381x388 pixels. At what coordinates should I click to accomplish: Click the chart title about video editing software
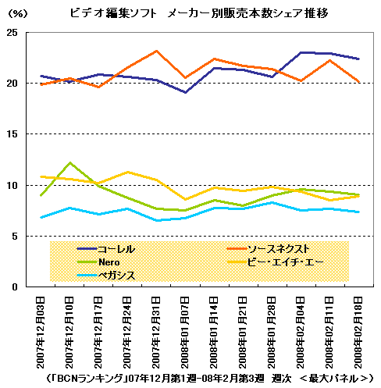click(x=199, y=13)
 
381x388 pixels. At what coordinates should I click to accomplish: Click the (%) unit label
click(x=17, y=13)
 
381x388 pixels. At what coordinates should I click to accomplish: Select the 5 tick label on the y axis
click(x=15, y=237)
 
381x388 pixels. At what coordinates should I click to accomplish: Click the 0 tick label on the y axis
click(x=15, y=287)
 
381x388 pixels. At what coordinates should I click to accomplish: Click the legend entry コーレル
click(x=106, y=249)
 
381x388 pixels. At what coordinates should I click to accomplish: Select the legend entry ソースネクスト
click(x=269, y=249)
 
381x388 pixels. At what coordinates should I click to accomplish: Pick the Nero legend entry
click(x=98, y=262)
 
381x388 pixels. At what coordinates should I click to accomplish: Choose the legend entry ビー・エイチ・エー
click(x=276, y=262)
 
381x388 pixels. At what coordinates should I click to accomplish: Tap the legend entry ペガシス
click(x=106, y=276)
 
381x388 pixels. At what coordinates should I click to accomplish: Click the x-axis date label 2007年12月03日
click(x=41, y=333)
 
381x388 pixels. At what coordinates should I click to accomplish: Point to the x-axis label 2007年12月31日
click(x=156, y=333)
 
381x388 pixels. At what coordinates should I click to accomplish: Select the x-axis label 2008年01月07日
click(x=185, y=333)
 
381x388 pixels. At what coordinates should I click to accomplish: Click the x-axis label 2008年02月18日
click(x=358, y=333)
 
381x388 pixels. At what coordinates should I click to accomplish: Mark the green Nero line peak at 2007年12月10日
click(x=70, y=162)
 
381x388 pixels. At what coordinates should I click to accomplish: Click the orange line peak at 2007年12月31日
click(x=156, y=51)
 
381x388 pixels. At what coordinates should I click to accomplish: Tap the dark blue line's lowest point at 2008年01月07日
click(x=185, y=92)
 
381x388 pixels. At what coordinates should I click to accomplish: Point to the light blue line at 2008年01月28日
click(x=272, y=202)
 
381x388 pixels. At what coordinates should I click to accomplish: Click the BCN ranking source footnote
click(x=209, y=379)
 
